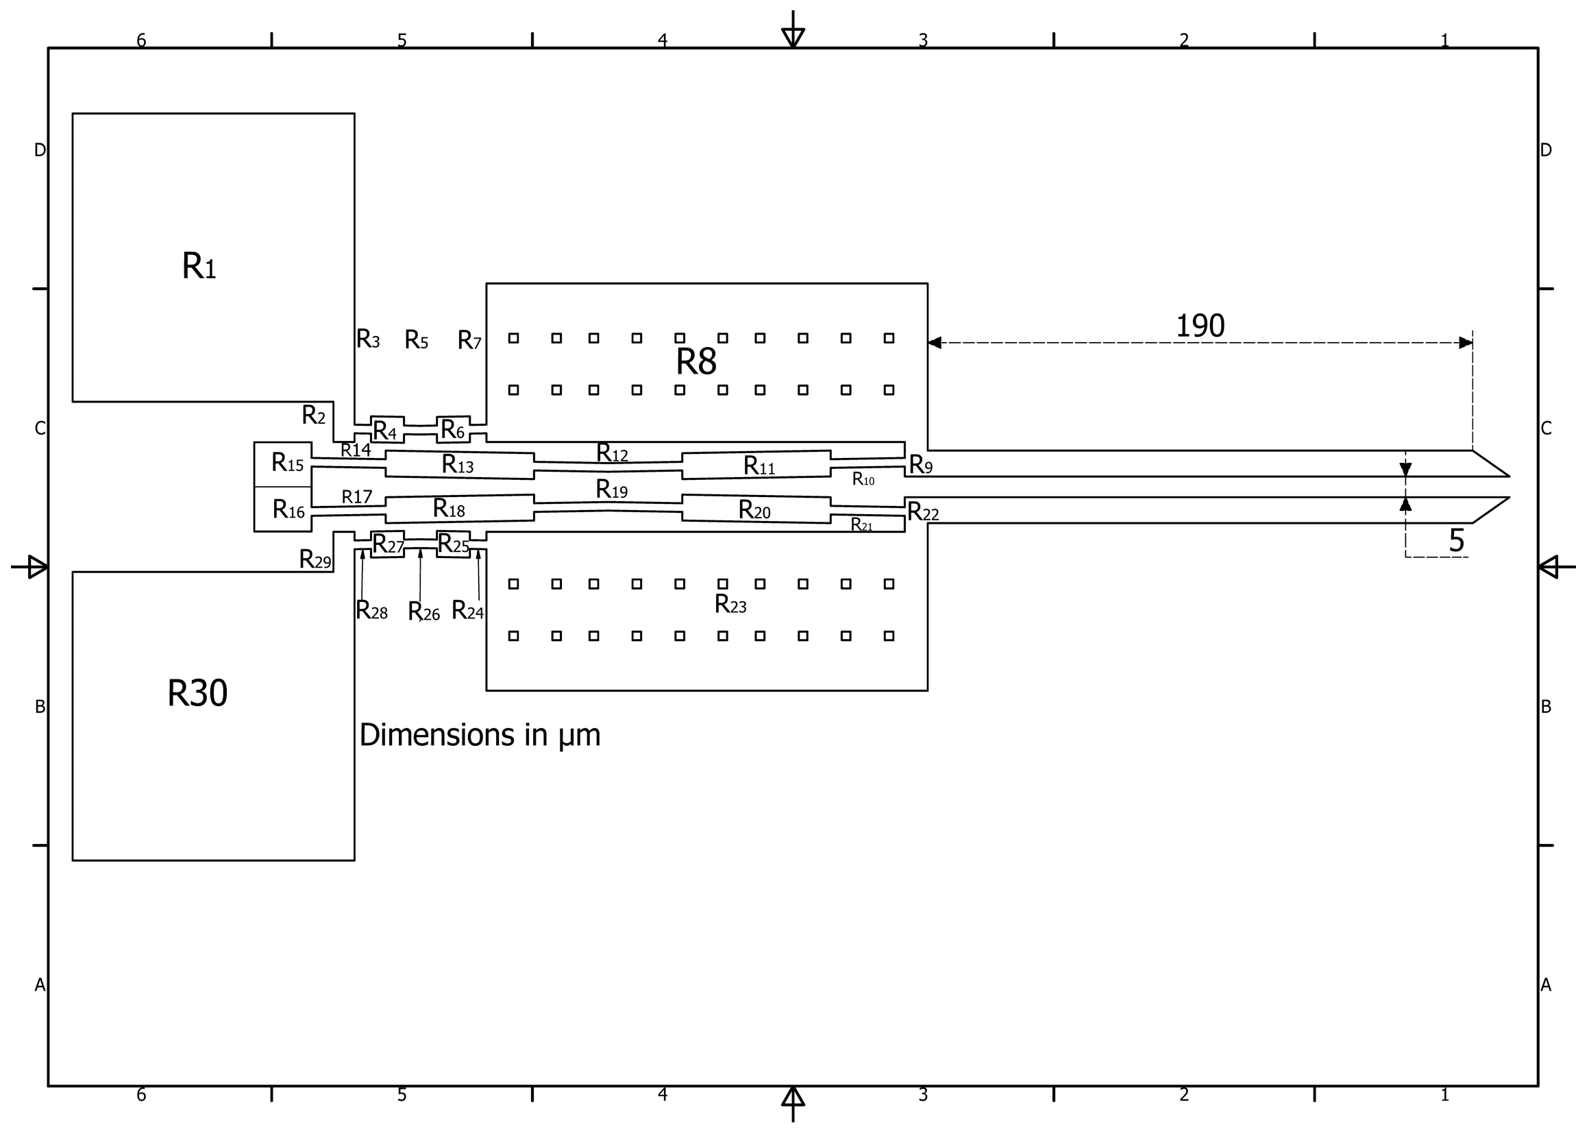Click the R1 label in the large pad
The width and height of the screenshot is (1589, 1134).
[x=199, y=267]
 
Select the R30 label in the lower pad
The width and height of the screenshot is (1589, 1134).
[x=197, y=693]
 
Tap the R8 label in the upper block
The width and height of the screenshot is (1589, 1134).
[x=695, y=362]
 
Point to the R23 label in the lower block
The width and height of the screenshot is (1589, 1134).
[x=730, y=604]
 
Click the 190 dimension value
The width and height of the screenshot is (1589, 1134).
[x=1200, y=326]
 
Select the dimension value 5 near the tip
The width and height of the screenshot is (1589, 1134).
[x=1455, y=540]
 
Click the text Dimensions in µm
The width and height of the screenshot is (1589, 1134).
[x=480, y=735]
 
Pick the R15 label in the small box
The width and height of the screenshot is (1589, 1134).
[x=287, y=462]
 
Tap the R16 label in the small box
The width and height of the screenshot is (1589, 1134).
[x=288, y=509]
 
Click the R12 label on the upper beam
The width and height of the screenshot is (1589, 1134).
[x=612, y=453]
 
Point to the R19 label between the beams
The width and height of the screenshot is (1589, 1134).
[x=611, y=490]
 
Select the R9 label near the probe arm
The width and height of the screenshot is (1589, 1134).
[x=920, y=464]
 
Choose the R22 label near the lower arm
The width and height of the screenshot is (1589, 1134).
[x=922, y=512]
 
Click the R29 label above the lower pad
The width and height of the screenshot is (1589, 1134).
[x=315, y=559]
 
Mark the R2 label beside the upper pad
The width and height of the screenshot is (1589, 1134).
[x=313, y=415]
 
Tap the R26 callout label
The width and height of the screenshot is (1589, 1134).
[x=423, y=612]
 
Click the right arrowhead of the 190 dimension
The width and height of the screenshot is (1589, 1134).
[x=1466, y=343]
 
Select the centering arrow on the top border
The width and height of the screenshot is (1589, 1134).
[x=793, y=35]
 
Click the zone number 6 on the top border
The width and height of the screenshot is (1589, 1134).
[x=141, y=40]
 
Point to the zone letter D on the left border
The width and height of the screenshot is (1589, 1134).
[x=40, y=150]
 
